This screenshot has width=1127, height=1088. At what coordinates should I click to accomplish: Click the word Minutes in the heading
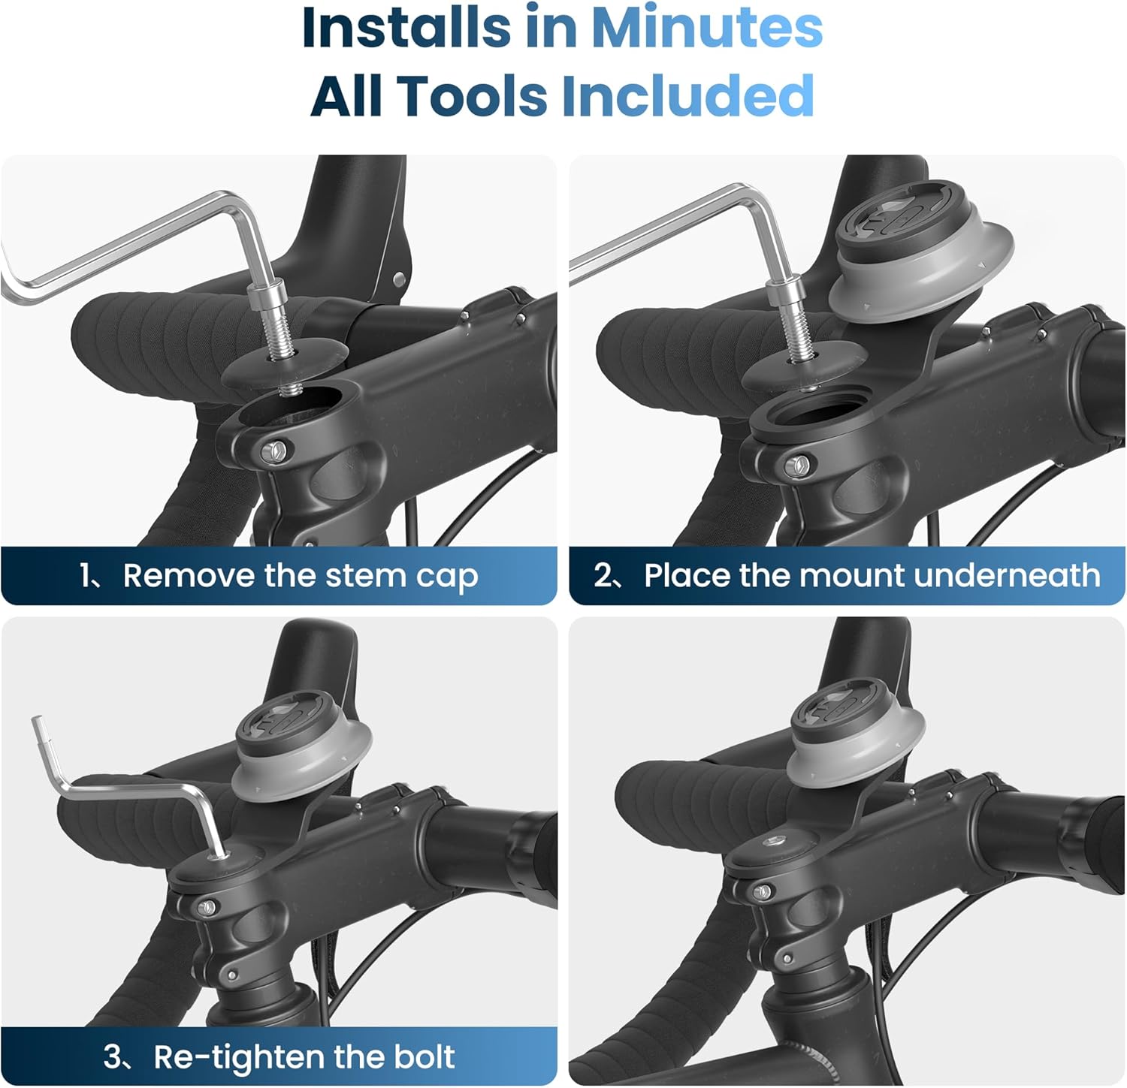706,29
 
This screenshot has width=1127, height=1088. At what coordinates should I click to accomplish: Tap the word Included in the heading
687,96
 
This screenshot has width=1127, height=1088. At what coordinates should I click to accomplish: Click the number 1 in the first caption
85,576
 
